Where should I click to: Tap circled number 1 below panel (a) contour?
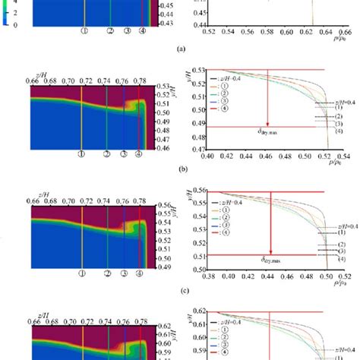coord(84,33)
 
